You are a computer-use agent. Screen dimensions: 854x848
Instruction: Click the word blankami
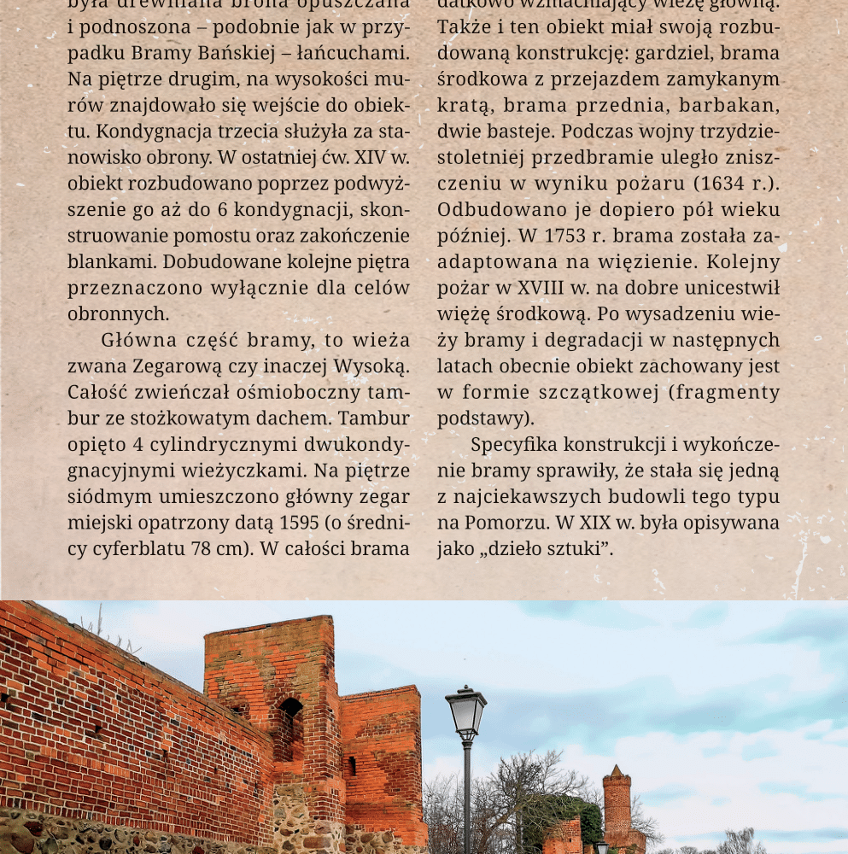(x=110, y=262)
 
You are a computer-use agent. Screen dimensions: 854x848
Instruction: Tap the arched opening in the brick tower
(x=291, y=708)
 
